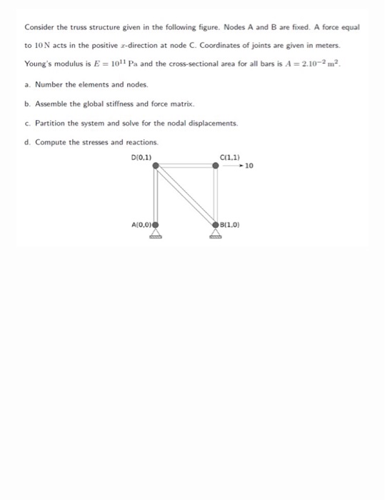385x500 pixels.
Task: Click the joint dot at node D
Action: click(156, 165)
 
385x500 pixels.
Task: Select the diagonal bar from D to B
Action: click(186, 194)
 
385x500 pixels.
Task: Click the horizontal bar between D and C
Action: click(186, 165)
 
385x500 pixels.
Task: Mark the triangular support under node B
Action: click(216, 235)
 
